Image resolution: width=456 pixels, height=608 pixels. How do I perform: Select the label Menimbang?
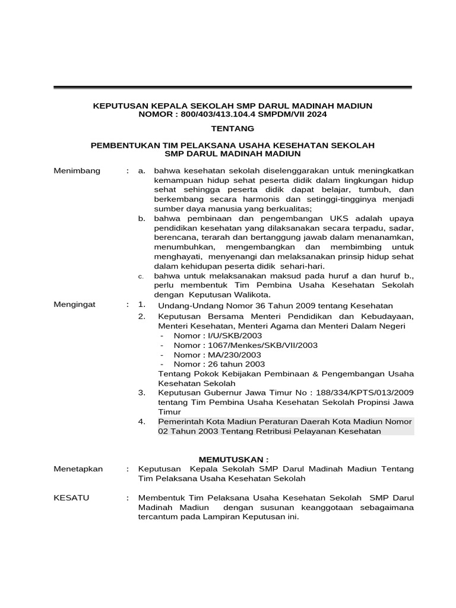click(x=77, y=171)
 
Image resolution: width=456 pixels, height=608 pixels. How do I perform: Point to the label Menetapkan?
click(x=78, y=469)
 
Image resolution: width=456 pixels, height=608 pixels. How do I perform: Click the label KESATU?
click(x=71, y=498)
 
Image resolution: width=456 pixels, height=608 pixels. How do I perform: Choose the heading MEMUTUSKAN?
click(x=233, y=460)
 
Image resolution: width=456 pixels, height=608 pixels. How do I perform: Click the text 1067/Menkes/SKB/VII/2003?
click(x=252, y=345)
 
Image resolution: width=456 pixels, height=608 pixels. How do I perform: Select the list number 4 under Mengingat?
click(x=141, y=421)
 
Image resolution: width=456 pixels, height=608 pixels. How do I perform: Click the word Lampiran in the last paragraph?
click(x=213, y=517)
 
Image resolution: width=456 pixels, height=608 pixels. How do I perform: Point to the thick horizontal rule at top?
click(x=233, y=88)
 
